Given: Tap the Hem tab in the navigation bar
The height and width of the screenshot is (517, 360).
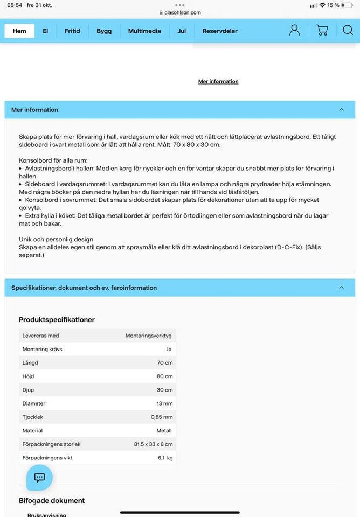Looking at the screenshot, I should coord(19,31).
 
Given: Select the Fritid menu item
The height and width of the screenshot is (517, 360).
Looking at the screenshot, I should coord(72,31).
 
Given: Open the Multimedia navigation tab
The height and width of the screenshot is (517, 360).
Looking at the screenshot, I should coord(144,31).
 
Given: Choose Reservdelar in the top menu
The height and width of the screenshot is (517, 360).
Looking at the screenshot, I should coord(220,31).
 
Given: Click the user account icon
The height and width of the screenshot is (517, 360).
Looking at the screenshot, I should coord(294,30).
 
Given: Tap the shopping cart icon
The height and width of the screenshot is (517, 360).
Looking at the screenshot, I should coord(322,30).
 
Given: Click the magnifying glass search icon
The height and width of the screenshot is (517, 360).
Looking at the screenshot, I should coord(348,30).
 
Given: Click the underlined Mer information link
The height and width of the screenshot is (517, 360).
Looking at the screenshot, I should coord(218,82).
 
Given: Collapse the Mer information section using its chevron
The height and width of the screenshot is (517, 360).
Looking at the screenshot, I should coord(341,110).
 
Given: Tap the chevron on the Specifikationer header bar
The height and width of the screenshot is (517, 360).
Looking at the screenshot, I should coord(341,288).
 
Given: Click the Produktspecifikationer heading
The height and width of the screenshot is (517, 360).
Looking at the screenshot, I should coord(57,319).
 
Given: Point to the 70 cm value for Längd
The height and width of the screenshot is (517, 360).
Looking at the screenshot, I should coord(165,363).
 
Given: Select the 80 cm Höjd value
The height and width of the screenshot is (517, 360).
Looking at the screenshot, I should coord(165,376).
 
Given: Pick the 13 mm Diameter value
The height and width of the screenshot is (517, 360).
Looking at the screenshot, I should coord(164,403).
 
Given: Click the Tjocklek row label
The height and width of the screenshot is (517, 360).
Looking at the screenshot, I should coord(33,417).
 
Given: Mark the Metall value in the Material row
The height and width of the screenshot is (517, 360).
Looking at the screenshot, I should coord(164,431).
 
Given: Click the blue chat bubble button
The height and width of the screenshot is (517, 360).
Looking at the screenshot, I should coord(39,478).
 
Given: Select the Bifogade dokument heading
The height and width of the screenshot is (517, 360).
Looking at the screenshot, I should coord(52,501).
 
